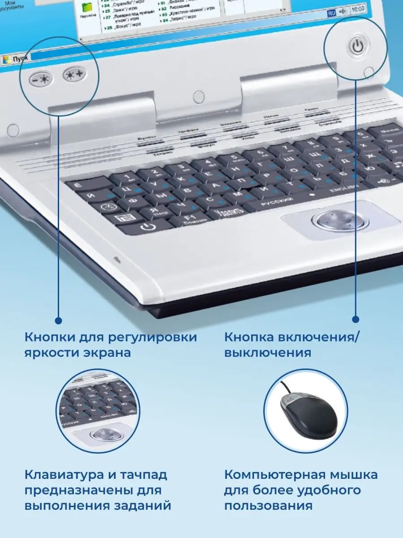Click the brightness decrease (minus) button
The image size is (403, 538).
pyautogui.click(x=42, y=79)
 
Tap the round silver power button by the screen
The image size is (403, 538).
pyautogui.click(x=356, y=46)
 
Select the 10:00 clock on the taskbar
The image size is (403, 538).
pyautogui.click(x=358, y=9)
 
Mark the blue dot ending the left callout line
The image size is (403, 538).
pyautogui.click(x=58, y=320)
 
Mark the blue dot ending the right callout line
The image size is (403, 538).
pyautogui.click(x=356, y=320)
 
